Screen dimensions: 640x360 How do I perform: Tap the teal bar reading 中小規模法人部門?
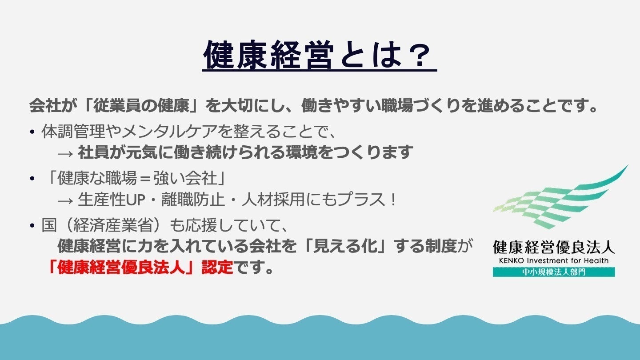554,272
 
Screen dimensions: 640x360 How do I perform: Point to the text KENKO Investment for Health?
554,260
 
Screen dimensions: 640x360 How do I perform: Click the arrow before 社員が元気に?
65,154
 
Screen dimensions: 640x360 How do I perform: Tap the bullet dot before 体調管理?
32,132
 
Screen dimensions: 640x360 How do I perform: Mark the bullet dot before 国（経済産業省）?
32,226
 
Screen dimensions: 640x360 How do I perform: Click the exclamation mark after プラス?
393,200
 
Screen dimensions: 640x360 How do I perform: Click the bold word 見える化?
344,246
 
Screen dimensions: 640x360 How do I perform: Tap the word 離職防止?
193,200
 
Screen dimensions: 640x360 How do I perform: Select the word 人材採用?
273,200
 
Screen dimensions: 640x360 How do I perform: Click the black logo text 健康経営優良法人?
554,247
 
